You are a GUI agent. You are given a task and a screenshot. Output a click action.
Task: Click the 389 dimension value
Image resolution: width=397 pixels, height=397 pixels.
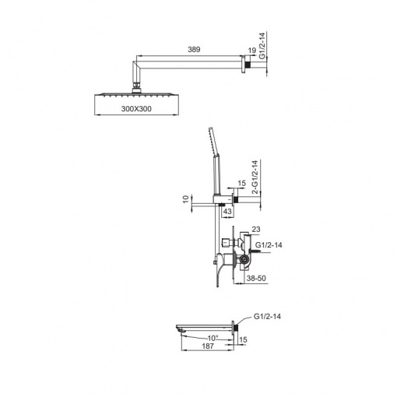pyautogui.click(x=194, y=49)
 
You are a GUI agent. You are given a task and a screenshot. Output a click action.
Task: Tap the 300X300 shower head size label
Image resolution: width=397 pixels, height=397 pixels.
pyautogui.click(x=136, y=109)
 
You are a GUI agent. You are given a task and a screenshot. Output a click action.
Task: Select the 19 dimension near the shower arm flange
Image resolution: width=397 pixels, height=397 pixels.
pyautogui.click(x=252, y=51)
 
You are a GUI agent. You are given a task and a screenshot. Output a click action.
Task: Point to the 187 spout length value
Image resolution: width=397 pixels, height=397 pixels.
pyautogui.click(x=208, y=346)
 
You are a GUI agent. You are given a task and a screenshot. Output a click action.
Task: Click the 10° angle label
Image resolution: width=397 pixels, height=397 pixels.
pyautogui.click(x=212, y=338)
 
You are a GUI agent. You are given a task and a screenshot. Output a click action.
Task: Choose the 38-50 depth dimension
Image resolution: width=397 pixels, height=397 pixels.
pyautogui.click(x=256, y=278)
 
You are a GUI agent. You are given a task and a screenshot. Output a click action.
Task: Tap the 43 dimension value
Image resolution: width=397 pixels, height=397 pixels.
pyautogui.click(x=227, y=211)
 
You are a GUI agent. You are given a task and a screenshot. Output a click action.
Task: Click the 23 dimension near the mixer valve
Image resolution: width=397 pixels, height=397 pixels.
pyautogui.click(x=256, y=229)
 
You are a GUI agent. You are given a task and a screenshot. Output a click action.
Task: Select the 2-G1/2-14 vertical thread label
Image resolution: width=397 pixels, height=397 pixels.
pyautogui.click(x=255, y=177)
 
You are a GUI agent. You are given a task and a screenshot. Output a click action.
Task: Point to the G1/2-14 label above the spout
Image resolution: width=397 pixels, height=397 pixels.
pyautogui.click(x=267, y=317)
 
